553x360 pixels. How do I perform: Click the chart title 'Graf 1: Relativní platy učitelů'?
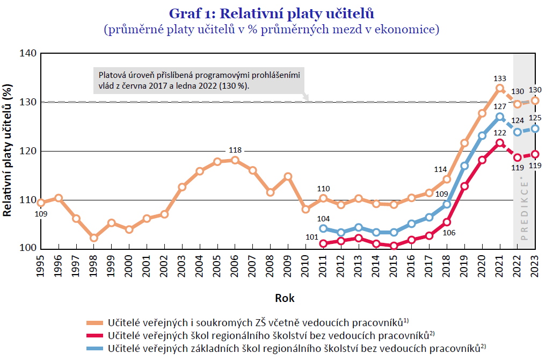pyautogui.click(x=271, y=13)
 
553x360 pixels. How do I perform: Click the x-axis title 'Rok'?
pyautogui.click(x=285, y=298)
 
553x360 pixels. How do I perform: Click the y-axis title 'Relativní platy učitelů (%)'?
pyautogui.click(x=8, y=150)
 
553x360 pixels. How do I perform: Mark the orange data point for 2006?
pyautogui.click(x=235, y=160)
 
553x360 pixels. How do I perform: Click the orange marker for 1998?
pyautogui.click(x=93, y=237)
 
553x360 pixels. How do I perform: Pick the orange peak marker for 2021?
pyautogui.click(x=500, y=88)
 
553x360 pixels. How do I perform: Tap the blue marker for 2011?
pyautogui.click(x=323, y=228)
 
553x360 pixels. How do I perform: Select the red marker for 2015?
pyautogui.click(x=394, y=246)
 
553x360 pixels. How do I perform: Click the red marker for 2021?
pyautogui.click(x=500, y=143)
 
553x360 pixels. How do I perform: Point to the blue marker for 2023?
pyautogui.click(x=535, y=128)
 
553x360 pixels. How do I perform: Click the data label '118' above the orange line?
pyautogui.click(x=235, y=150)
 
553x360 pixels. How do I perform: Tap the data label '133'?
pyautogui.click(x=499, y=78)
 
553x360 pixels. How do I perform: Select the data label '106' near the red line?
pyautogui.click(x=449, y=232)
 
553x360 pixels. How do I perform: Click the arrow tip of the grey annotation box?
pyautogui.click(x=307, y=99)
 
